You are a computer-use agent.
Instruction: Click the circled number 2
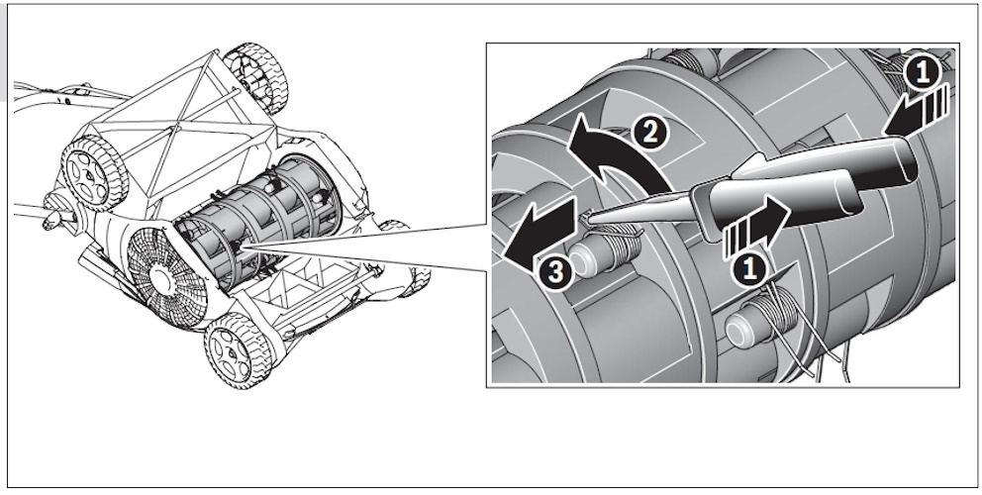649,133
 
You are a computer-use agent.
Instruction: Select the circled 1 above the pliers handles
922,73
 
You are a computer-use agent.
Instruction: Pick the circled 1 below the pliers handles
748,268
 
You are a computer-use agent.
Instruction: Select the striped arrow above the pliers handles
918,113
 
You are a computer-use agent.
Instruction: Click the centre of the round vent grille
163,275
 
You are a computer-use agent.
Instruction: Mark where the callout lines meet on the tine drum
243,248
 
